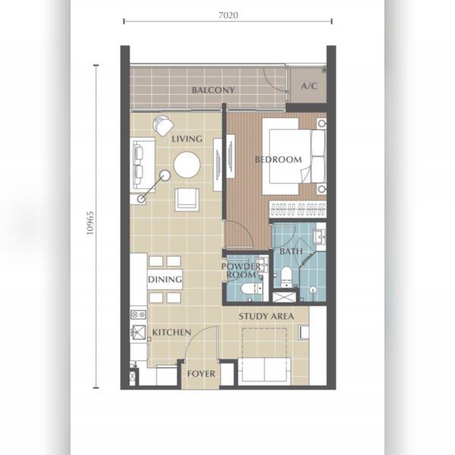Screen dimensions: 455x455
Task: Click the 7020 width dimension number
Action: [228, 15]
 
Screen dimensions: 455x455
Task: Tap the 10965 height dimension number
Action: [90, 223]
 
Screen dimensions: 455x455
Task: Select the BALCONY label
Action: [213, 90]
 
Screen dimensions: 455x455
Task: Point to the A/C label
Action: [309, 86]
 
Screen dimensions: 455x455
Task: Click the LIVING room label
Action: [187, 139]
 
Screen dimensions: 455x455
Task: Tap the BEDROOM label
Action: [278, 159]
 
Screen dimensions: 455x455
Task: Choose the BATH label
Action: [291, 251]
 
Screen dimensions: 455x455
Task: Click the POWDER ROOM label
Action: [241, 271]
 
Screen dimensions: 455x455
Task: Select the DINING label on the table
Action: [165, 279]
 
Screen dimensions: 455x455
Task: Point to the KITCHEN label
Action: [171, 332]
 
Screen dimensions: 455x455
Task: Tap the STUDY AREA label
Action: [266, 316]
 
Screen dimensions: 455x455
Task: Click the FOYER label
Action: [201, 374]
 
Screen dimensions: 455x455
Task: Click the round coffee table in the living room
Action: [187, 165]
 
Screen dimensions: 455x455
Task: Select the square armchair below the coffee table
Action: [187, 199]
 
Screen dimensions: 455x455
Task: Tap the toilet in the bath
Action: [287, 277]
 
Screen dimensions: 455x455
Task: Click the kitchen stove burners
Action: [138, 314]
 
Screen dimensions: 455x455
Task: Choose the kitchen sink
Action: [138, 332]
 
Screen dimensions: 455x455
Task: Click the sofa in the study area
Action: [265, 371]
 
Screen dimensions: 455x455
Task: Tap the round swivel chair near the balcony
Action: [163, 125]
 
